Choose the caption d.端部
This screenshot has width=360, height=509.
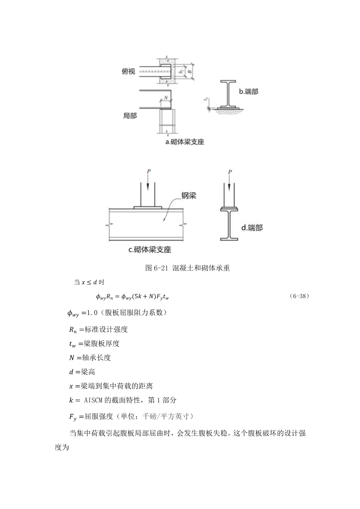coord(252,227)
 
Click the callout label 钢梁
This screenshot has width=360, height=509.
coord(189,196)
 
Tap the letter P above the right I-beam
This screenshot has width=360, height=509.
coord(230,171)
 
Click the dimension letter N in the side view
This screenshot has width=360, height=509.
coord(166,98)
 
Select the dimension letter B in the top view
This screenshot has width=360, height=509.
coord(189,72)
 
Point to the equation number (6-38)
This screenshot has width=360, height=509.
coord(299,296)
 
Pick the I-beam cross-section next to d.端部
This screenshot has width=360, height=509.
coord(229,224)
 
